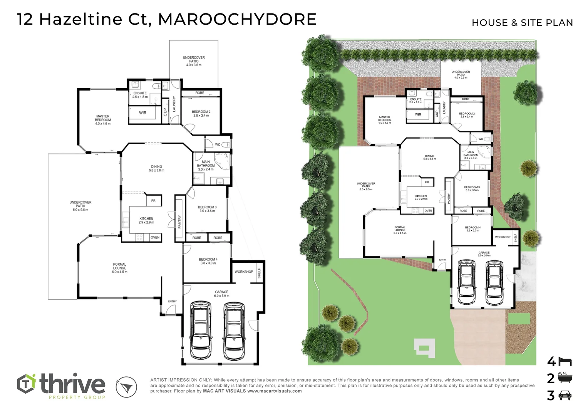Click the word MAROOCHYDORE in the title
(x=237, y=19)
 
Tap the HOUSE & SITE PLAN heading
(x=522, y=23)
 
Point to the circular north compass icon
(x=126, y=387)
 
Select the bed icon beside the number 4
(x=565, y=362)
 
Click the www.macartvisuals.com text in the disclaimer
(x=274, y=391)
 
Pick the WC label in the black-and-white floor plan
(x=218, y=145)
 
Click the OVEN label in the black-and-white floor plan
(x=155, y=238)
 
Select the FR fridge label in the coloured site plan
(x=427, y=182)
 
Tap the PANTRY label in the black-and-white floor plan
(x=179, y=222)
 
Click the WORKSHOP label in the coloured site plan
(x=503, y=237)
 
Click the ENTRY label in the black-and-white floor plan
(x=172, y=302)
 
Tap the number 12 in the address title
(x=25, y=19)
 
